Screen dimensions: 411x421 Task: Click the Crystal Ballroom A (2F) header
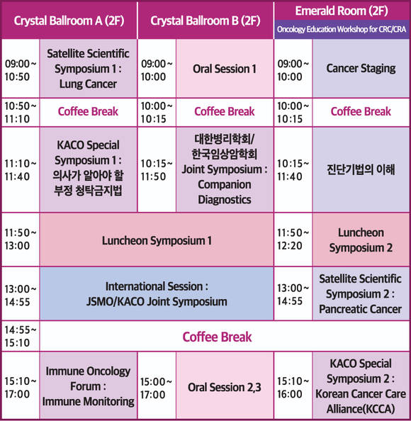click(x=69, y=21)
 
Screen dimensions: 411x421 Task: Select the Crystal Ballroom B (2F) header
click(x=205, y=21)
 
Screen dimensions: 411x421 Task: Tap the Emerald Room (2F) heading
click(x=342, y=11)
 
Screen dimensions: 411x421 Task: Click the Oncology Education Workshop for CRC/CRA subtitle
click(x=342, y=29)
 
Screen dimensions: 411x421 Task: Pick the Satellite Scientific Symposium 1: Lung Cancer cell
click(x=89, y=69)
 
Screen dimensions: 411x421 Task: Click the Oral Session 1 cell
click(x=225, y=69)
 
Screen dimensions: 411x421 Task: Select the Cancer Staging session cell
click(x=361, y=69)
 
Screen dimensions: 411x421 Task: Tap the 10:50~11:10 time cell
click(x=21, y=112)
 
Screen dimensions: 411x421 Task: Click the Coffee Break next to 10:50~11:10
click(x=89, y=112)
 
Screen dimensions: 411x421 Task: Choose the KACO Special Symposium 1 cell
click(x=89, y=169)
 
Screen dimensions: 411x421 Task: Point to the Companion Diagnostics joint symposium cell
click(x=225, y=169)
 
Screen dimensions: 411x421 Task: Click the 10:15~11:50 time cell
click(x=157, y=169)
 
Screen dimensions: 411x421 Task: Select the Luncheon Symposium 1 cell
click(x=157, y=240)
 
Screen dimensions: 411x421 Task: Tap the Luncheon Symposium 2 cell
click(x=361, y=240)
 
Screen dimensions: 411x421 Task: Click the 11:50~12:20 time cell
click(x=293, y=240)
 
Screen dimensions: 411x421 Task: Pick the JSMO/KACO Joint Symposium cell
click(x=157, y=293)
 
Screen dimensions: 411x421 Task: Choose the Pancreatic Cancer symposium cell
click(x=361, y=293)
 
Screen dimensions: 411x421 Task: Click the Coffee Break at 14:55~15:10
click(x=217, y=337)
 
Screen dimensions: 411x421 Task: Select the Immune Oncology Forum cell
click(x=89, y=386)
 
